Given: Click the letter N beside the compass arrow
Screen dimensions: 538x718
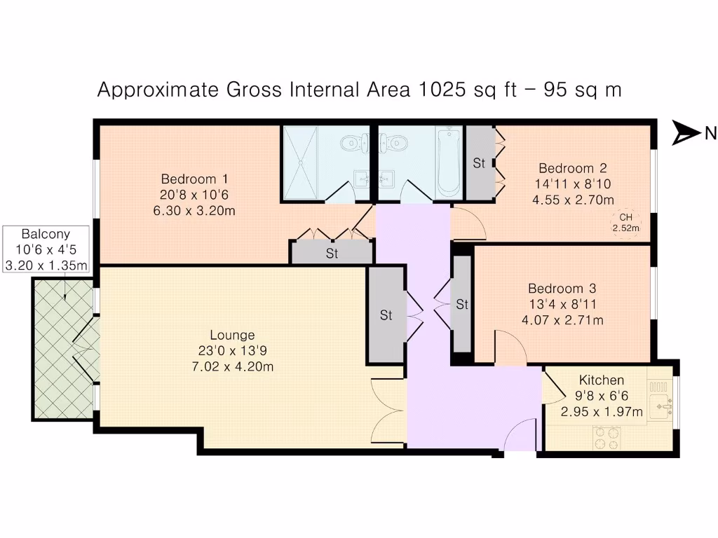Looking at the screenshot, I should (x=710, y=133).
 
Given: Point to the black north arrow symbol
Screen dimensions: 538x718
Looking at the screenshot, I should (x=685, y=132).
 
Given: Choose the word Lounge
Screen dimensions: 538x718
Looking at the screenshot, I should (x=232, y=335).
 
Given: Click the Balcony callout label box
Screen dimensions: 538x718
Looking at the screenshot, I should (x=46, y=249).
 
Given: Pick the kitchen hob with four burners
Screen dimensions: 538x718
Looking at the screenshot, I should (x=607, y=439).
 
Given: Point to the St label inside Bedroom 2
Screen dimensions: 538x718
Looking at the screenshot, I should (x=479, y=163).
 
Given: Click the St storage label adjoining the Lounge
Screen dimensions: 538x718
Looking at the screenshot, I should (x=386, y=315).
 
